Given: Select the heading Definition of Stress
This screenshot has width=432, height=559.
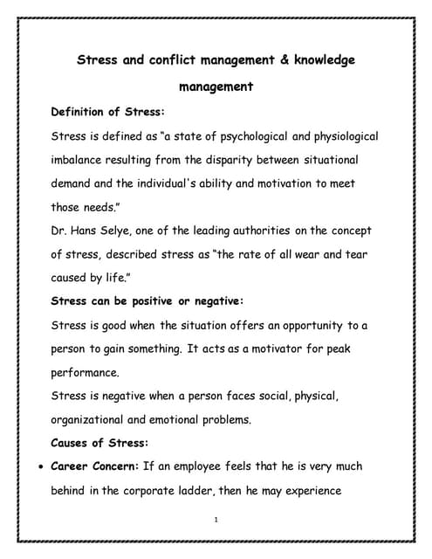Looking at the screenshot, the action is pyautogui.click(x=108, y=112).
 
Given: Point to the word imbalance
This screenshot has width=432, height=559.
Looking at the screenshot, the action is pyautogui.click(x=83, y=161).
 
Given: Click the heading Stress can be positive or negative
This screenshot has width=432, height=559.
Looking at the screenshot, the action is pyautogui.click(x=147, y=301).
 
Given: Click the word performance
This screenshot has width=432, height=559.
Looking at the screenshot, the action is pyautogui.click(x=91, y=373).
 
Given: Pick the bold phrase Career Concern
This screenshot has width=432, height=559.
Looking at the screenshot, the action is pyautogui.click(x=95, y=466).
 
